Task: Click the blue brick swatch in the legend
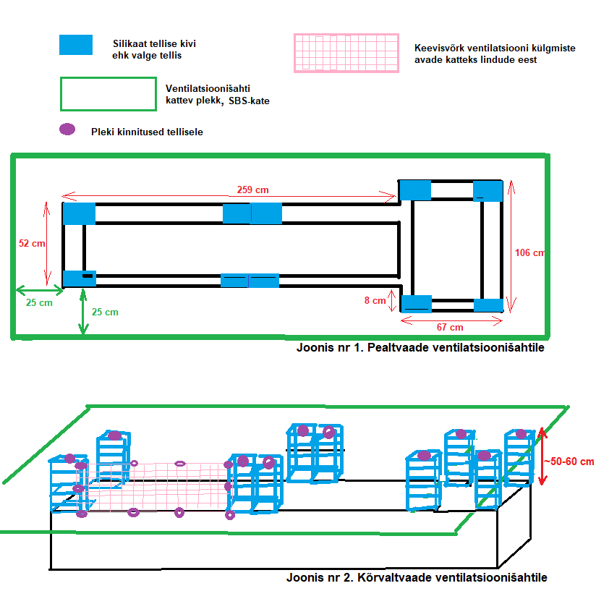click(76, 45)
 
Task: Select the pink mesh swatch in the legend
click(346, 53)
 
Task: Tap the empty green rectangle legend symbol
click(107, 94)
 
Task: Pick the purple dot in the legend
click(67, 130)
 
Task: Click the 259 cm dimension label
click(252, 190)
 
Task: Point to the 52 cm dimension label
click(32, 244)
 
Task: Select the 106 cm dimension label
click(529, 252)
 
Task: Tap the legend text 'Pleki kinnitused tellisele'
click(147, 132)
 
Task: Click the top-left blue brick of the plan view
click(79, 214)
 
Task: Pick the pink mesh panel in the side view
click(156, 487)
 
